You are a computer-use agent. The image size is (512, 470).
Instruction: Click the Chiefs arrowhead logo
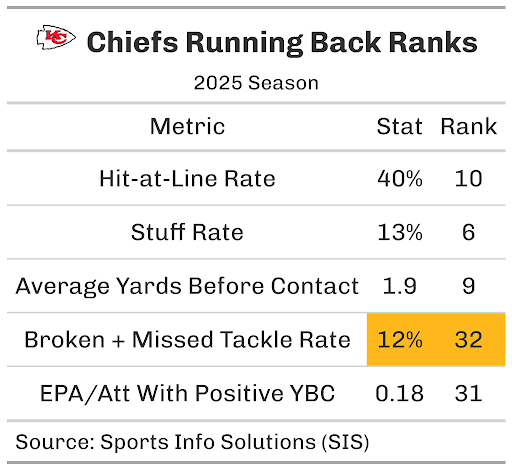pyautogui.click(x=56, y=37)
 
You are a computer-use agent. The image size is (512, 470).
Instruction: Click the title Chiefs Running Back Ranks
pyautogui.click(x=282, y=43)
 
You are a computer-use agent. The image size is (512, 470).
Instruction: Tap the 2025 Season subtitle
pyautogui.click(x=256, y=83)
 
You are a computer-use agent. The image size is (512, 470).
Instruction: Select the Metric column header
pyautogui.click(x=187, y=126)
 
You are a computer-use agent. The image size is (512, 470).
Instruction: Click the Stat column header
pyautogui.click(x=399, y=126)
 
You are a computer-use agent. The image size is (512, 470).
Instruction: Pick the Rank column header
pyautogui.click(x=468, y=126)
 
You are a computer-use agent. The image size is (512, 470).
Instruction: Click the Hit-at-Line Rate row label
pyautogui.click(x=187, y=179)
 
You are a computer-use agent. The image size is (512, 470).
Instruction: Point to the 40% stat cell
pyautogui.click(x=400, y=179)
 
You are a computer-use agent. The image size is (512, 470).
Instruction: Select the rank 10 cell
pyautogui.click(x=468, y=179)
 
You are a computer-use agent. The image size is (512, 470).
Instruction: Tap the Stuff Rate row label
pyautogui.click(x=187, y=232)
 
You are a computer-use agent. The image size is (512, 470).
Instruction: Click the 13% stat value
pyautogui.click(x=400, y=232)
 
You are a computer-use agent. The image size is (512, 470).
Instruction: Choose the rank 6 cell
pyautogui.click(x=468, y=232)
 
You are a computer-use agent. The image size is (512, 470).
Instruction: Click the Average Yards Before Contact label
pyautogui.click(x=187, y=286)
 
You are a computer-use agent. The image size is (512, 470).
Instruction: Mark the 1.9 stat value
pyautogui.click(x=399, y=286)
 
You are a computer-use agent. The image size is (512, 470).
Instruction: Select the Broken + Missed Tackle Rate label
pyautogui.click(x=187, y=340)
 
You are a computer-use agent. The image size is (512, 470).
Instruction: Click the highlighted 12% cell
pyautogui.click(x=400, y=340)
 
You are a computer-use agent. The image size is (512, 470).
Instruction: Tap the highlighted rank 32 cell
pyautogui.click(x=468, y=340)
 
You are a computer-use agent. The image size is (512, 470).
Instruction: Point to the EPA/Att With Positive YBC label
pyautogui.click(x=187, y=393)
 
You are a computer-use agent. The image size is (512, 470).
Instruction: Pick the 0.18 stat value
pyautogui.click(x=399, y=393)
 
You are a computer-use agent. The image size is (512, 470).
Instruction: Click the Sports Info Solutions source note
pyautogui.click(x=192, y=442)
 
